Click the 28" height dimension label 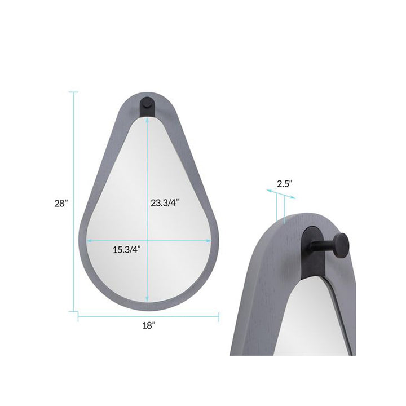click(x=61, y=203)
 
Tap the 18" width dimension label click(x=149, y=325)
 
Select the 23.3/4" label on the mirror click(x=165, y=203)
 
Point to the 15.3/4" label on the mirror click(x=127, y=250)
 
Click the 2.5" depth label click(x=285, y=184)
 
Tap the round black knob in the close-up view click(x=341, y=246)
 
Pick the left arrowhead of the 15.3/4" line click(x=90, y=241)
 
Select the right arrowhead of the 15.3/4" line click(x=208, y=241)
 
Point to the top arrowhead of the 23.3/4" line click(x=147, y=120)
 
